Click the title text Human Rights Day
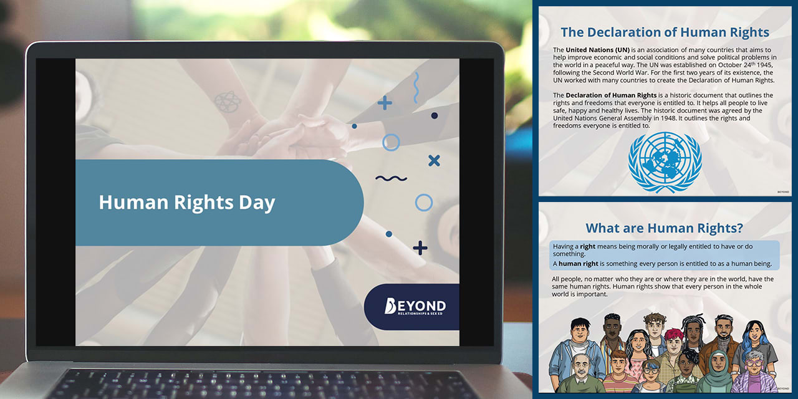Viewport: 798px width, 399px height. pyautogui.click(x=187, y=203)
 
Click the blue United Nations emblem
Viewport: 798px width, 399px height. pyautogui.click(x=665, y=162)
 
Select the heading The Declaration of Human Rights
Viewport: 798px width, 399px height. pyautogui.click(x=665, y=32)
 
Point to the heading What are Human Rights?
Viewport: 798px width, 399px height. pyautogui.click(x=665, y=228)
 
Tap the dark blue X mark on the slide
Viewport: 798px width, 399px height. pyautogui.click(x=434, y=161)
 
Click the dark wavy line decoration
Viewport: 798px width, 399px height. pyautogui.click(x=391, y=178)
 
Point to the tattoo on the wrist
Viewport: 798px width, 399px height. pyautogui.click(x=226, y=101)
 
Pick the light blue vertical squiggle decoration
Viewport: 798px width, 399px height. pyautogui.click(x=416, y=87)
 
